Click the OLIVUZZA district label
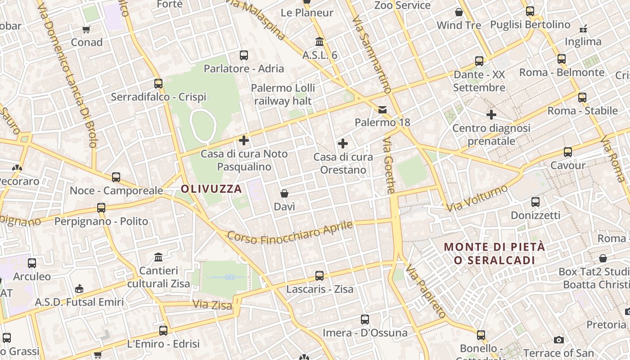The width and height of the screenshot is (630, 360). pos(211,189)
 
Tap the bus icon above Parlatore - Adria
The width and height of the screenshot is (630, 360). pos(244,55)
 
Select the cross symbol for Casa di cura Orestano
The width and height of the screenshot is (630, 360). pos(343,144)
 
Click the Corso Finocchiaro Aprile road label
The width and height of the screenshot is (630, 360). pos(290,232)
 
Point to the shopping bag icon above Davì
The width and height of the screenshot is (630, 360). pos(284,193)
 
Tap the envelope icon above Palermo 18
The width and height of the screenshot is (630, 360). pos(382,109)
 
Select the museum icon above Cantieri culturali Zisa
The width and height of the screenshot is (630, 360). pos(158,257)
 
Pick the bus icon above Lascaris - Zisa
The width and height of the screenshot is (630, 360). pos(319,276)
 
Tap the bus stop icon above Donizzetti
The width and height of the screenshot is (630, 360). pos(535,202)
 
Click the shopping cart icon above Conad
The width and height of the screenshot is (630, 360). pos(86,29)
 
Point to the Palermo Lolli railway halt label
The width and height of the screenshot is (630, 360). pos(283,94)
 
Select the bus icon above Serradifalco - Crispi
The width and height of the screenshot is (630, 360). pos(158,84)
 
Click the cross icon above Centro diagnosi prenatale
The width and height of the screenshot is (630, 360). pos(491,115)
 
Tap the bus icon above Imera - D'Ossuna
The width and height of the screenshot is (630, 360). pos(365,319)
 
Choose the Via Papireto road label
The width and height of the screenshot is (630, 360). pos(425,292)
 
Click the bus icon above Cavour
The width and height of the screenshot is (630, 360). pos(568,152)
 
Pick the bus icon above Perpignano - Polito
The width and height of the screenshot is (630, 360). pos(101,208)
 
